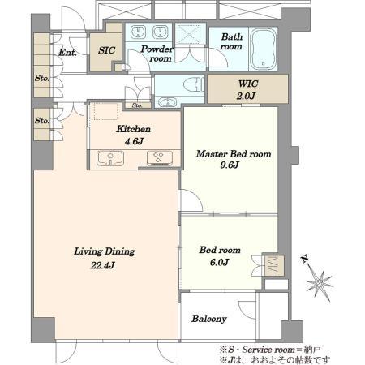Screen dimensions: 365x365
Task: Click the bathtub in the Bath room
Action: [264, 49]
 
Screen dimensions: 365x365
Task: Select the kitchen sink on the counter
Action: [110, 158]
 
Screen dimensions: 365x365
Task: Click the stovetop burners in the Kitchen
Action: [160, 158]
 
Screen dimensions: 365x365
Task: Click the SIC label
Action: [106, 50]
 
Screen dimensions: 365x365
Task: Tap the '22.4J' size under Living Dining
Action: [103, 265]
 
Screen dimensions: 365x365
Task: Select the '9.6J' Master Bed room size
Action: [230, 165]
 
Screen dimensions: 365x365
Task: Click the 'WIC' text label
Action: [248, 84]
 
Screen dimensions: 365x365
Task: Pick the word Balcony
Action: [209, 319]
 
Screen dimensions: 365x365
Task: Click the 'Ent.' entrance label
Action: [67, 53]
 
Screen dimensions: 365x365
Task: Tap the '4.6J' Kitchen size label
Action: [134, 141]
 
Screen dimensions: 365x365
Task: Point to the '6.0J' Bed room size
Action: [220, 262]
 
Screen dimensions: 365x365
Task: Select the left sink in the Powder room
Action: [139, 32]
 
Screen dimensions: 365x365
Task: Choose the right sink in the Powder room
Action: [161, 32]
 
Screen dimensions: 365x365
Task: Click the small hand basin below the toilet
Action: [168, 102]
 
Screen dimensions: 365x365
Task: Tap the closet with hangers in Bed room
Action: [274, 265]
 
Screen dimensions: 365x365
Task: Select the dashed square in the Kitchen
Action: [106, 111]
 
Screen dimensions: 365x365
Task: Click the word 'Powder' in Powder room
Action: [157, 49]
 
